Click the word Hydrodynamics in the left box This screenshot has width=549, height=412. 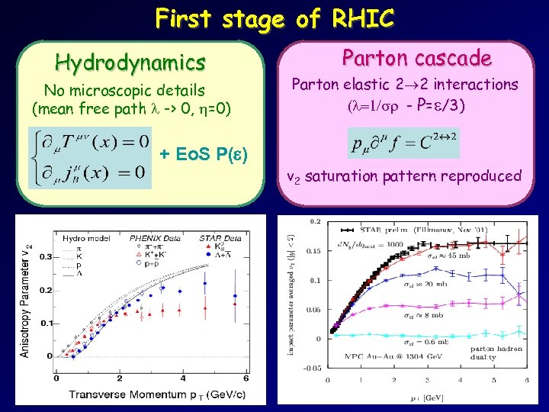[130, 62]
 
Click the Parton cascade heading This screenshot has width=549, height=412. [416, 57]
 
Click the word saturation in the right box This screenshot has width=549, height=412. [364, 176]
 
